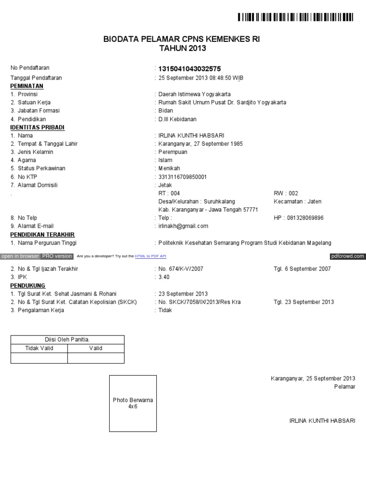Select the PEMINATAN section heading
[x=27, y=86]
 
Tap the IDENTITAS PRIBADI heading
[x=37, y=127]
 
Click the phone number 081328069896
[x=305, y=218]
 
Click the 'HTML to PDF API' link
[x=151, y=256]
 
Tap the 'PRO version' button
[x=57, y=256]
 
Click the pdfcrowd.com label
[x=347, y=256]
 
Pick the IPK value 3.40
[x=163, y=277]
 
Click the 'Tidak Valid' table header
[x=39, y=348]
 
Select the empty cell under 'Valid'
[x=96, y=358]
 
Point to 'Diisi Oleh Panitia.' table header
[x=67, y=339]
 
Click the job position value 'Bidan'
[x=165, y=111]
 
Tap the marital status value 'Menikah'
[x=169, y=169]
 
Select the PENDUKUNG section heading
[x=27, y=285]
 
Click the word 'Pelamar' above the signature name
[x=345, y=386]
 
